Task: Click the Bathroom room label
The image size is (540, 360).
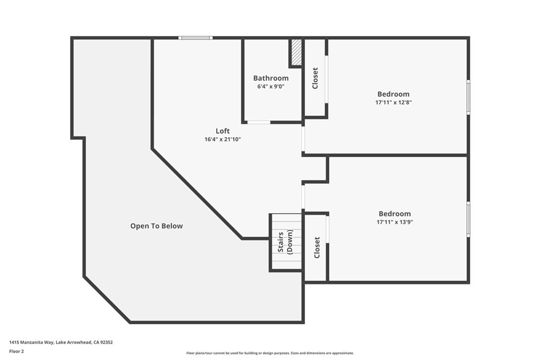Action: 271,78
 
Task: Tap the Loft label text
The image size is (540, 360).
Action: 223,131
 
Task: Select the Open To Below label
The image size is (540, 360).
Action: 156,226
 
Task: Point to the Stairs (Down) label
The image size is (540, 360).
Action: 285,242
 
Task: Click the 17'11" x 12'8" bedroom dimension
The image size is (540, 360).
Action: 393,102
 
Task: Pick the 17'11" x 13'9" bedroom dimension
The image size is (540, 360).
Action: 394,222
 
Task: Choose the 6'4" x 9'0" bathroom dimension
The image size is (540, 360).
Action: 271,86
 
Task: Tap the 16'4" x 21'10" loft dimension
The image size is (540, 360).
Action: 223,139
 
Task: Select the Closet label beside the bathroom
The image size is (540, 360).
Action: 315,78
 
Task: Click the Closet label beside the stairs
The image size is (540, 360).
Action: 317,247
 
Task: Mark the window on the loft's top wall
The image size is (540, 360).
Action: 196,38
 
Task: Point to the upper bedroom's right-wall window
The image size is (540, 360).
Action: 468,97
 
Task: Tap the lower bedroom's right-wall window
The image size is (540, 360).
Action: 468,219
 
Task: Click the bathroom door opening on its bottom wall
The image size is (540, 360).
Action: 259,122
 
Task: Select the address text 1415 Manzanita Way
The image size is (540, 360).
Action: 31,343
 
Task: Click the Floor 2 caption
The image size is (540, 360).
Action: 16,352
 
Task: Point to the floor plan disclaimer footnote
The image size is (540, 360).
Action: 270,353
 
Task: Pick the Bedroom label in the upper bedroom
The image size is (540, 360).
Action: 393,94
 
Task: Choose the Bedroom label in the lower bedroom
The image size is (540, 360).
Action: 394,213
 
